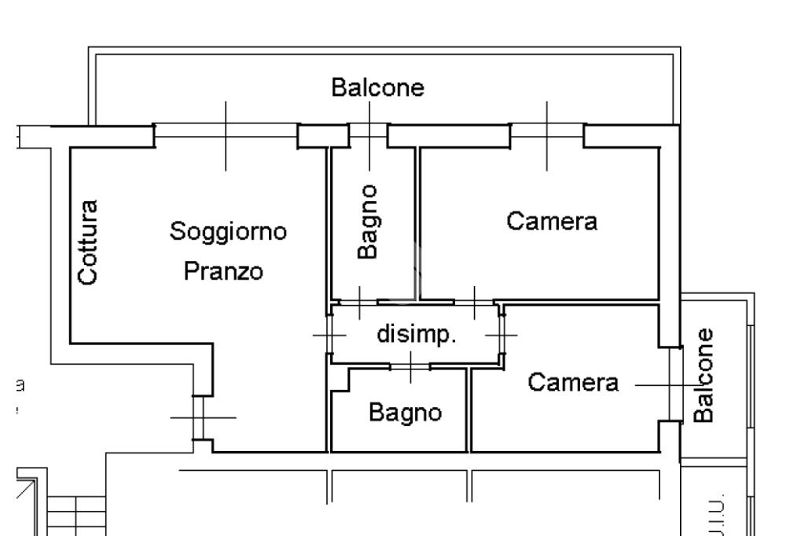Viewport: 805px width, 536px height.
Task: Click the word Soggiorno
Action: [229, 233]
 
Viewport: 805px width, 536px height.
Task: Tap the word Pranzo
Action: [223, 272]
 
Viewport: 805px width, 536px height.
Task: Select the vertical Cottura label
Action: [88, 242]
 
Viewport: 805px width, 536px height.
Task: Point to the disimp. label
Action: [417, 334]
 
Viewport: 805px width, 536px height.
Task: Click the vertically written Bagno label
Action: [369, 222]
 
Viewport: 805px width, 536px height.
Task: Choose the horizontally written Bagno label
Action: [406, 412]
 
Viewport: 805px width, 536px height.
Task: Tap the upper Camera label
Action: [552, 221]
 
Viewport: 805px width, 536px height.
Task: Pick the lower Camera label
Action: [573, 383]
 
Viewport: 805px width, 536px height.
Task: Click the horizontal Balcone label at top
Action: [377, 87]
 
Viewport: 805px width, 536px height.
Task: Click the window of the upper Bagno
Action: [368, 134]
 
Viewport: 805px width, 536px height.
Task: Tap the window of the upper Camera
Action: [547, 135]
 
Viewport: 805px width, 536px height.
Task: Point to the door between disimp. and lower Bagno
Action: [410, 366]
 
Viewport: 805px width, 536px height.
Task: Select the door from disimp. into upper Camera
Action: [475, 302]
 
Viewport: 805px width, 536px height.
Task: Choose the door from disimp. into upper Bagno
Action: [359, 302]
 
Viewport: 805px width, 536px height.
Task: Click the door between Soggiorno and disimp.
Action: [329, 335]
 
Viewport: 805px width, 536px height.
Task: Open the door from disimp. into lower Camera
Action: [502, 335]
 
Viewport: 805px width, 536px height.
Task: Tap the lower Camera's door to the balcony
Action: [674, 384]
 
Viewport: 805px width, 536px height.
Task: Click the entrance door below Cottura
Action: [199, 417]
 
